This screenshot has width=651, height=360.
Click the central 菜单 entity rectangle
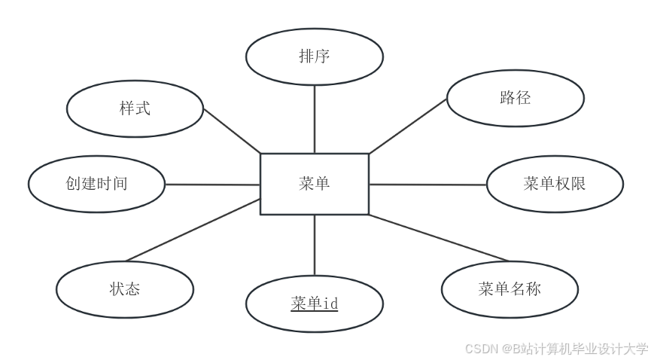pyautogui.click(x=314, y=184)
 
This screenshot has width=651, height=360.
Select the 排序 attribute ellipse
pyautogui.click(x=315, y=56)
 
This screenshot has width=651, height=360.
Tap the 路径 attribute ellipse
pyautogui.click(x=515, y=98)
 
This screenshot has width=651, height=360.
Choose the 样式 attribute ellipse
pyautogui.click(x=135, y=108)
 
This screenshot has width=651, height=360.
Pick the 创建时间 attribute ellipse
pyautogui.click(x=96, y=184)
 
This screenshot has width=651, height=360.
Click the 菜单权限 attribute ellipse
pyautogui.click(x=555, y=184)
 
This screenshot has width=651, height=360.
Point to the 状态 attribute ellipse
pyautogui.click(x=124, y=289)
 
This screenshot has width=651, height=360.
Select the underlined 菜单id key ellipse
pyautogui.click(x=315, y=304)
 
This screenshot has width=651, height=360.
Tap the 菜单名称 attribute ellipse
pyautogui.click(x=510, y=289)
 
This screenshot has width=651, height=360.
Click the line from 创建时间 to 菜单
pyautogui.click(x=212, y=184)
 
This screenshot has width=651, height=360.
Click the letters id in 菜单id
pyautogui.click(x=330, y=304)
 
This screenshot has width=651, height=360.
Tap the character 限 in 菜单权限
pyautogui.click(x=578, y=184)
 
